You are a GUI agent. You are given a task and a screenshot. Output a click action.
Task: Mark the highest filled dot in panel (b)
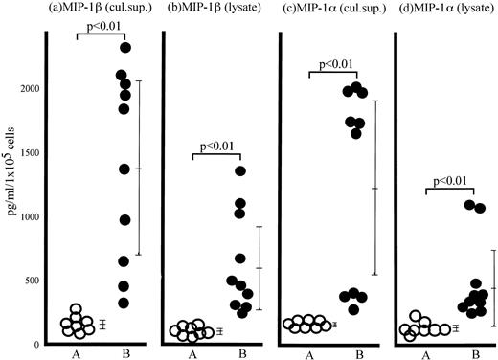point(240,171)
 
